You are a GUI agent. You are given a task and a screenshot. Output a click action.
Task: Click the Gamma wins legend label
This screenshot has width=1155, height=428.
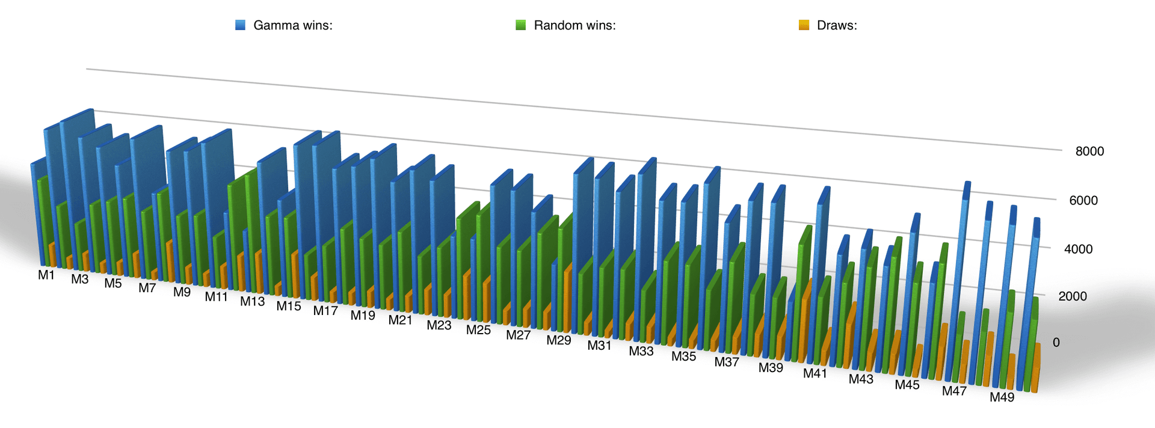click(x=292, y=25)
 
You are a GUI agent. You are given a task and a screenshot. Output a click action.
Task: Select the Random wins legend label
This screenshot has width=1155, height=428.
click(x=574, y=25)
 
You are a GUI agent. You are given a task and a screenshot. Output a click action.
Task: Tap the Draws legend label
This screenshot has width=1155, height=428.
click(x=837, y=25)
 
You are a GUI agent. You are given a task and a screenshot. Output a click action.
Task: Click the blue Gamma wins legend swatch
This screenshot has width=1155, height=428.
click(x=241, y=25)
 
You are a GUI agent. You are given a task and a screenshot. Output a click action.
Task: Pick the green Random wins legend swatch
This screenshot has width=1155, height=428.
click(x=521, y=25)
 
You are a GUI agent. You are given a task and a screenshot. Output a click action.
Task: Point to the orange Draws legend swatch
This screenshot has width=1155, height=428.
click(x=804, y=25)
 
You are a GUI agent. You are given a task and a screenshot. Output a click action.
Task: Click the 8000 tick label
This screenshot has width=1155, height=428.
click(x=1089, y=151)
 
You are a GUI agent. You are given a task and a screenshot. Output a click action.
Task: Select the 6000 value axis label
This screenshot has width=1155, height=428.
click(x=1083, y=200)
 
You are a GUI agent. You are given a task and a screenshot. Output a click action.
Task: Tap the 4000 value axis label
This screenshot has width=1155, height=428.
click(x=1078, y=249)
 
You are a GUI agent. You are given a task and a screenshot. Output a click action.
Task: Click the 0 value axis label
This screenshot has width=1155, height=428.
click(x=1056, y=343)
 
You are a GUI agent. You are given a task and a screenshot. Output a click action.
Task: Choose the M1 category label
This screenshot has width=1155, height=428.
click(x=46, y=275)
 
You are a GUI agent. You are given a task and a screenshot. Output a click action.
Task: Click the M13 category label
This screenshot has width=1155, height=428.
click(x=252, y=302)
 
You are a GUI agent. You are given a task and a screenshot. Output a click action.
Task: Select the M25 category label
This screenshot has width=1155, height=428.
click(x=478, y=330)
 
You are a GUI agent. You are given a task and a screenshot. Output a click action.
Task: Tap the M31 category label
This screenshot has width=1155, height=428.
click(x=599, y=346)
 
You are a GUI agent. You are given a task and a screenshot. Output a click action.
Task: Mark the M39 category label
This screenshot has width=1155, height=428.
click(x=771, y=368)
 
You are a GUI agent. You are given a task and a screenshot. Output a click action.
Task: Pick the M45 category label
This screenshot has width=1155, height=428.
click(x=907, y=385)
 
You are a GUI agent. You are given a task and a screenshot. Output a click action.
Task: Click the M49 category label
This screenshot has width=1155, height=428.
click(x=1002, y=397)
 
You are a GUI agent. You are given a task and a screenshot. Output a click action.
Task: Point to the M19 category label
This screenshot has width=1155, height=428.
click(x=363, y=316)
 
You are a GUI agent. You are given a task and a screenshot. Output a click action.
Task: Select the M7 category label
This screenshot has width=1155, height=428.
click(x=147, y=288)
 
